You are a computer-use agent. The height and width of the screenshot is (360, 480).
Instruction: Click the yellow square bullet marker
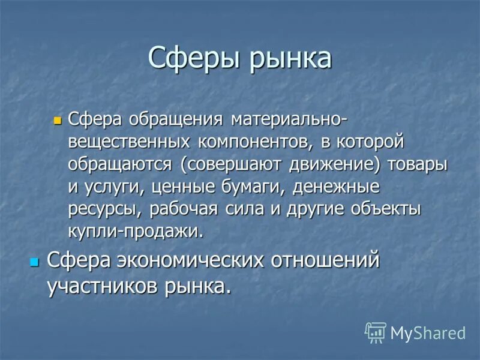(x=58, y=120)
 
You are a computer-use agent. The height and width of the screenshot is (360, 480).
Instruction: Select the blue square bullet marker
(x=34, y=262)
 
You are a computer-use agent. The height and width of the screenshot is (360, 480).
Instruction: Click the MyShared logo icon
(x=376, y=332)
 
